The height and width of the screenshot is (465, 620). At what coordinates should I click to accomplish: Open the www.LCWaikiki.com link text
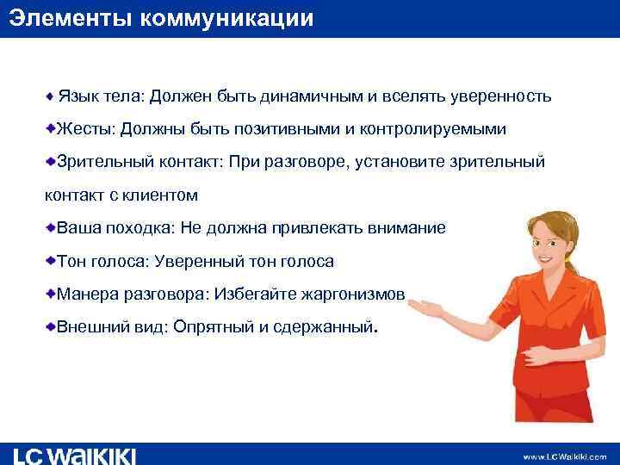564,456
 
